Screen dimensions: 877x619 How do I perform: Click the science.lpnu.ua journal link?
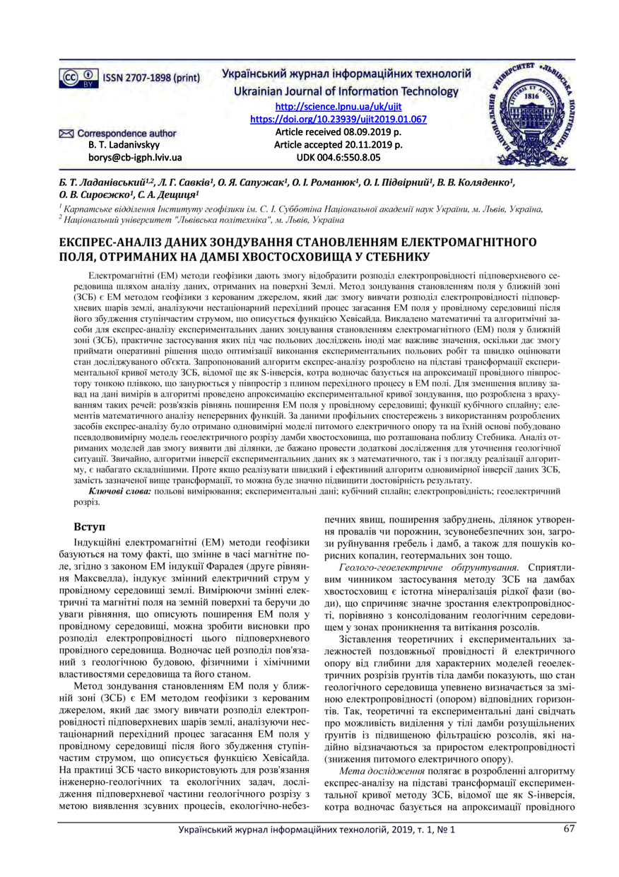pyautogui.click(x=338, y=106)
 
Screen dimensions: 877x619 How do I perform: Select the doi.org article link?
pyautogui.click(x=338, y=119)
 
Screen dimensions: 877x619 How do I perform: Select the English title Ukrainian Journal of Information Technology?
pyautogui.click(x=338, y=92)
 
